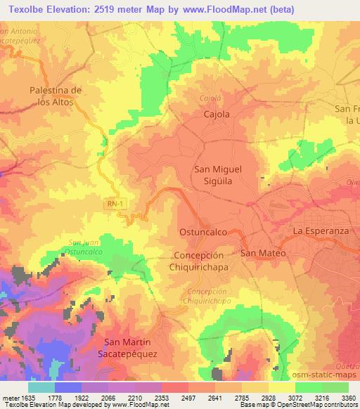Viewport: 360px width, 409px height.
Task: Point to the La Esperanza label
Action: coord(321,231)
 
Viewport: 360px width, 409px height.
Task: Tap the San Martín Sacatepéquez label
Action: coord(133,347)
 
